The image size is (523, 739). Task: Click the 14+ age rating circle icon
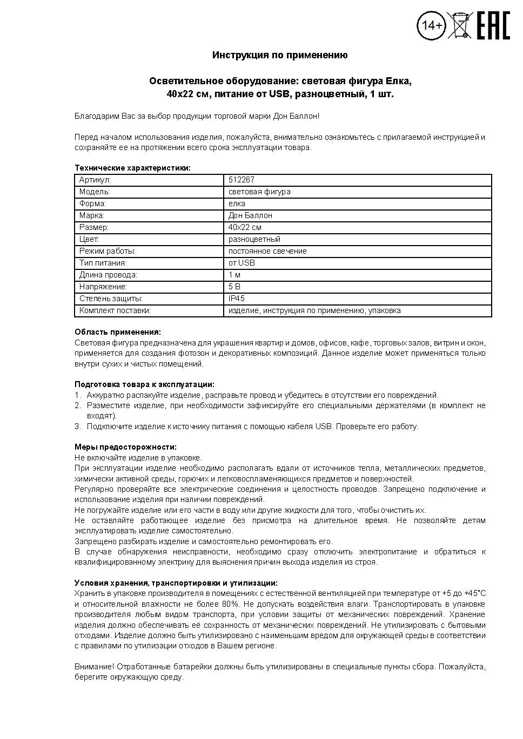431,25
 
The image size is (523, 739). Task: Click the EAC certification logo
493,25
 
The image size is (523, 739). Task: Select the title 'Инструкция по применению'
280,55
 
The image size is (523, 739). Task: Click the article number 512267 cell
242,180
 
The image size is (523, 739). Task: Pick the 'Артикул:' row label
95,180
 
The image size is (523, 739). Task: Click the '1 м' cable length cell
234,275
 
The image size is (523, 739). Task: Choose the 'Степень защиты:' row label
111,299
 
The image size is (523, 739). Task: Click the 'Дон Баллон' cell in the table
250,215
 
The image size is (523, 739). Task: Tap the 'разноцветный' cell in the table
254,239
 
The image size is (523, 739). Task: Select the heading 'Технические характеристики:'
132,168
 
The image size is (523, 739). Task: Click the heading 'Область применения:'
117,332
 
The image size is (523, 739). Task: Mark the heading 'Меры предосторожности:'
125,447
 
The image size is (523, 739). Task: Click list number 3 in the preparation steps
77,426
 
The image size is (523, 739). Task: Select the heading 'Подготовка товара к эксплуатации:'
144,384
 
